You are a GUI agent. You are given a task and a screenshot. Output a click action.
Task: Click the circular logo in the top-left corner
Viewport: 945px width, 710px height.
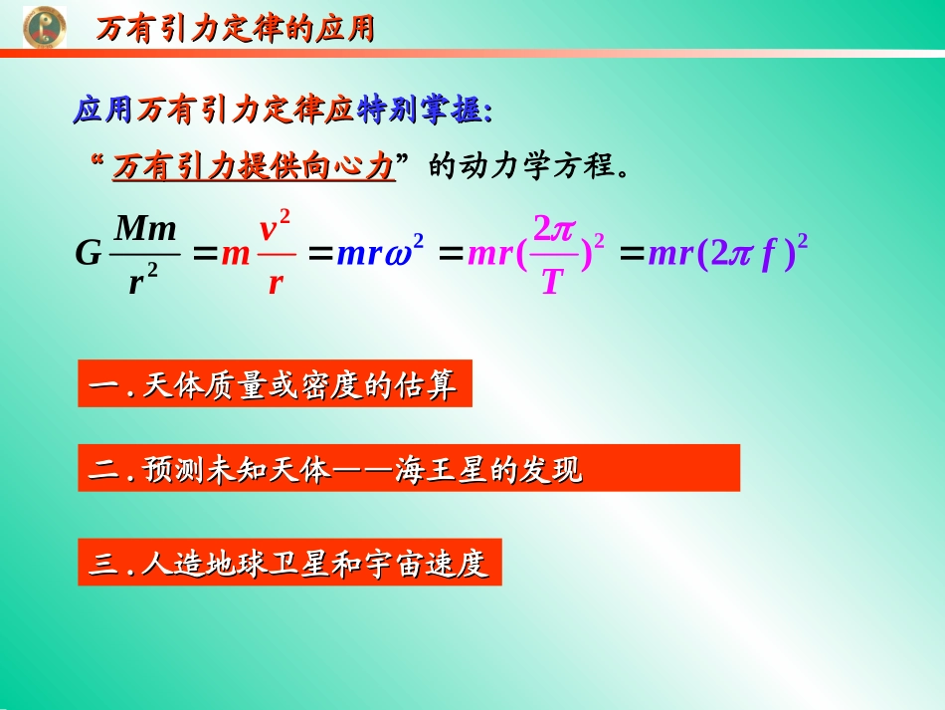(45, 27)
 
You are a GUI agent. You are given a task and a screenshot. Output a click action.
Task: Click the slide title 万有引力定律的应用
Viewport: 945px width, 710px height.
(235, 29)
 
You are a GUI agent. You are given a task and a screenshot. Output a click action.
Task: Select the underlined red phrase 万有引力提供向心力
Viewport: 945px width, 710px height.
(254, 166)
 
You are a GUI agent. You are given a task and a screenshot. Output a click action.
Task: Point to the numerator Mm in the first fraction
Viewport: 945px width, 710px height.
(146, 229)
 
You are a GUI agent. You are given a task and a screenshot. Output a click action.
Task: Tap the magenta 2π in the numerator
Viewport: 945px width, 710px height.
(554, 229)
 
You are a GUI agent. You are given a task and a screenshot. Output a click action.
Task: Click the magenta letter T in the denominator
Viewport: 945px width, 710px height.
(551, 284)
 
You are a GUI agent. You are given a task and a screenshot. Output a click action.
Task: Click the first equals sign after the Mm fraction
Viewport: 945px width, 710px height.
(205, 255)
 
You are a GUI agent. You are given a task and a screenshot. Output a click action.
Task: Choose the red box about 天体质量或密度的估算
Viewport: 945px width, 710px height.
(275, 385)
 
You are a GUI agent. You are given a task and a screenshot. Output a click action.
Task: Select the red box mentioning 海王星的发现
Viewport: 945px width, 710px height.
(409, 468)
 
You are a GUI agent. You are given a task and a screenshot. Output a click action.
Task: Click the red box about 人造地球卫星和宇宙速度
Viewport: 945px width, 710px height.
(289, 563)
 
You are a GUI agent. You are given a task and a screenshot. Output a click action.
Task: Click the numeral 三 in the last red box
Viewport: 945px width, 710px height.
(103, 564)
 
